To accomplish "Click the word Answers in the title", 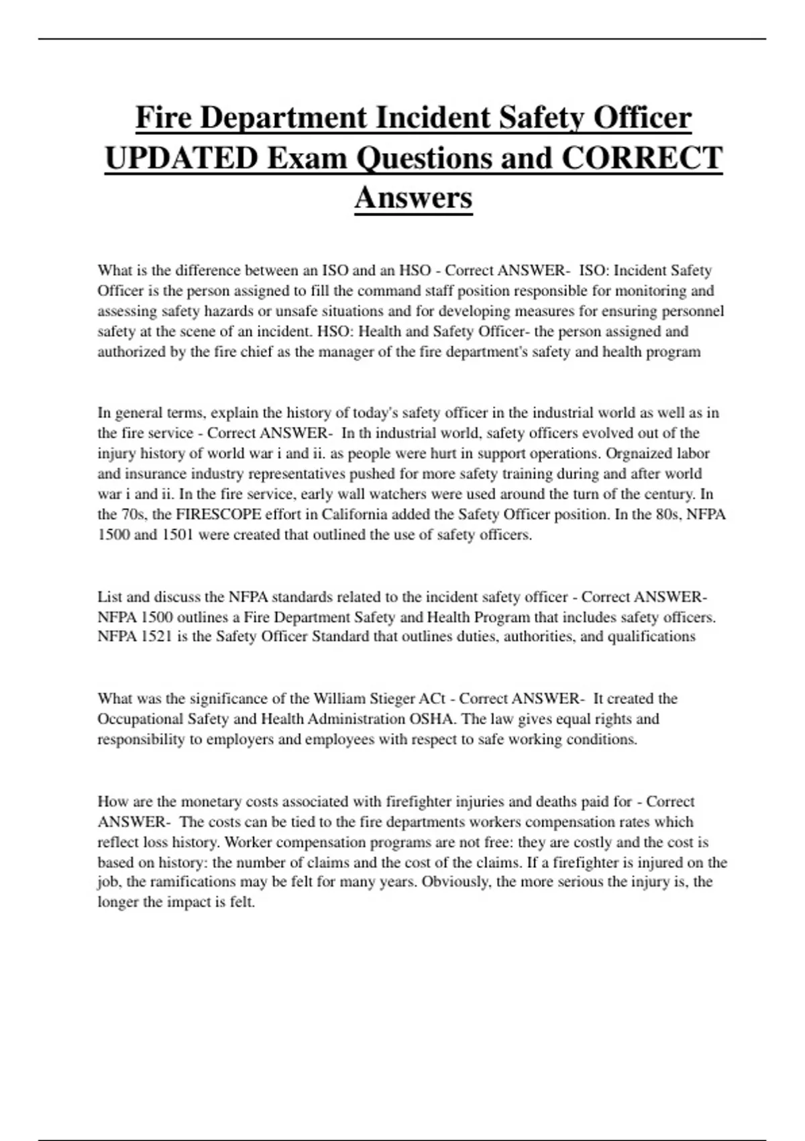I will pyautogui.click(x=413, y=198).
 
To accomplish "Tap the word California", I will pyautogui.click(x=356, y=515).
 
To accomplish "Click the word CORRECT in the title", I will pyautogui.click(x=641, y=158).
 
